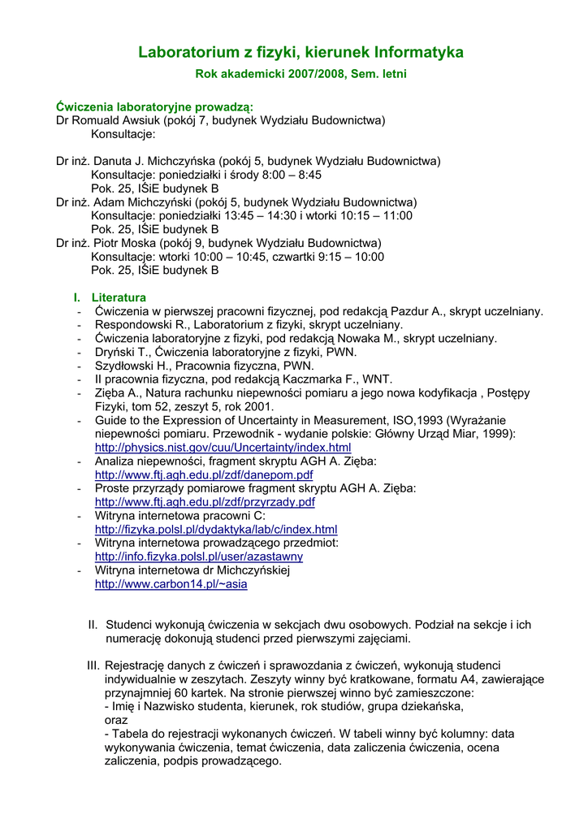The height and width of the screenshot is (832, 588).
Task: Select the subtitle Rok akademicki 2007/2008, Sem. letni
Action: [300, 74]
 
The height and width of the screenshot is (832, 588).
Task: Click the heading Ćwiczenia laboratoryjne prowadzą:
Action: [154, 107]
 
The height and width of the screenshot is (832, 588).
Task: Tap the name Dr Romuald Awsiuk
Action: [107, 120]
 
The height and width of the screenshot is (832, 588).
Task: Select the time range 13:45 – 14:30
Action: [250, 215]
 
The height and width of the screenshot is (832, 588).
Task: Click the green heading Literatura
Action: [119, 297]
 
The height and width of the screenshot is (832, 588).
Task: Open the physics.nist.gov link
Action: [223, 448]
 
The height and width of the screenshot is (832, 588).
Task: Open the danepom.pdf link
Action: [204, 474]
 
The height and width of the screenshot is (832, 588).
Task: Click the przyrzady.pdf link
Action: [205, 502]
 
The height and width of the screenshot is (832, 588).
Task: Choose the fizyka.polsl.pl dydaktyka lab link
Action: [216, 529]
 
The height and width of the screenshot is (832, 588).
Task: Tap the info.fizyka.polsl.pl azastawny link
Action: [199, 557]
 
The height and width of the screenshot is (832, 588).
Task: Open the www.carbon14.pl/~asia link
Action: [171, 583]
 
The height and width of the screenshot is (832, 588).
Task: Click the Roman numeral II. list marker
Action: [93, 625]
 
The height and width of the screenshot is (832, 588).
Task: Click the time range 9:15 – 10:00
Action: [352, 257]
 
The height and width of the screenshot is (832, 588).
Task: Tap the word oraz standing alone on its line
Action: [117, 720]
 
